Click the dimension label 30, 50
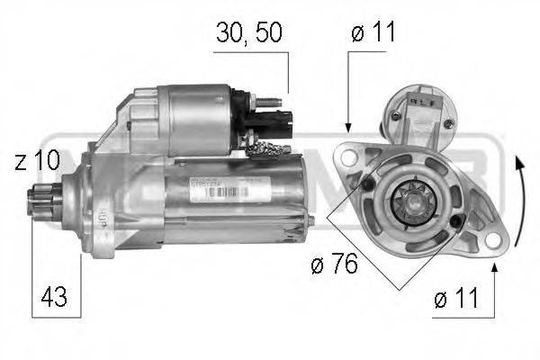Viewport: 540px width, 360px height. (x=250, y=34)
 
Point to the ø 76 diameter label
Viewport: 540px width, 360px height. (x=333, y=264)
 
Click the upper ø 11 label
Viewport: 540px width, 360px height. (x=373, y=34)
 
